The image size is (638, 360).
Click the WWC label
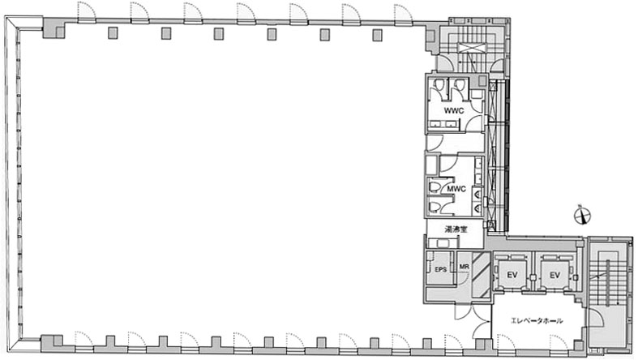click(x=454, y=110)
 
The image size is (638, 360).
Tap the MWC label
click(x=456, y=189)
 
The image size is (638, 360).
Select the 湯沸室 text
click(x=456, y=229)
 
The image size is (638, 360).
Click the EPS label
click(x=441, y=270)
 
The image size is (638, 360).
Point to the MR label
click(x=464, y=267)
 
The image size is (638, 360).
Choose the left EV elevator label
click(x=512, y=275)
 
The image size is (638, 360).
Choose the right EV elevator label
click(x=555, y=275)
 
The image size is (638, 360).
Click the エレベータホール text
click(x=537, y=320)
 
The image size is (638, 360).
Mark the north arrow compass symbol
click(x=582, y=216)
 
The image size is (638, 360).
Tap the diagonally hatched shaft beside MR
click(x=481, y=276)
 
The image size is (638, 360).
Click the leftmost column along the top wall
click(x=113, y=33)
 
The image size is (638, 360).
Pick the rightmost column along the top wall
click(x=377, y=36)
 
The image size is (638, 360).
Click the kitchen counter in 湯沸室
click(x=443, y=243)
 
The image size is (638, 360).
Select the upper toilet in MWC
click(x=435, y=187)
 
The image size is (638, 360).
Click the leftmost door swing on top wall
click(x=86, y=12)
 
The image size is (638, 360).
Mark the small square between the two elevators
click(x=533, y=277)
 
